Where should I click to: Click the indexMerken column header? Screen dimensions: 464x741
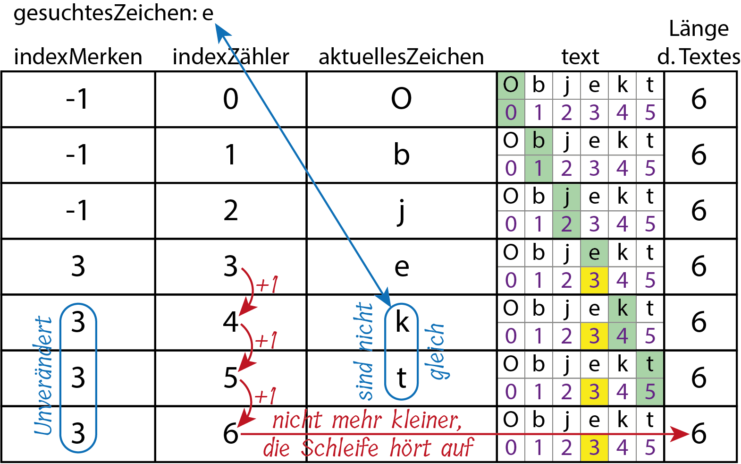[x=78, y=57]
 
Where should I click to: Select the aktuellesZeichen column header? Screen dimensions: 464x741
[x=401, y=57]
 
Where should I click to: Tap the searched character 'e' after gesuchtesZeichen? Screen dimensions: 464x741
[x=208, y=13]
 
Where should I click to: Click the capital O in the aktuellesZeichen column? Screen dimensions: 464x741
[x=401, y=99]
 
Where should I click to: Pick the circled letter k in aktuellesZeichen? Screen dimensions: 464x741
[x=402, y=322]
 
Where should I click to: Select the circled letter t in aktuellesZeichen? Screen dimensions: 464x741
[x=402, y=378]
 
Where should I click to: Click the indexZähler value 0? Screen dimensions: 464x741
[x=230, y=99]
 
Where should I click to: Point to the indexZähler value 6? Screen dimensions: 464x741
[x=230, y=433]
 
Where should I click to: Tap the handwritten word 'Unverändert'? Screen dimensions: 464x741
[x=43, y=376]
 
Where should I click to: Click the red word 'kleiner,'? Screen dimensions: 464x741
[x=427, y=420]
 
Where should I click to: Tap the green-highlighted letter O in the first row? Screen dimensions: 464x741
[x=511, y=86]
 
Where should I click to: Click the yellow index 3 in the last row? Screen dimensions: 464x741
[x=594, y=447]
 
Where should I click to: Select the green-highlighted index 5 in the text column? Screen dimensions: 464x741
[x=650, y=392]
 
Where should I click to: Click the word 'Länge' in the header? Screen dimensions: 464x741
[x=699, y=29]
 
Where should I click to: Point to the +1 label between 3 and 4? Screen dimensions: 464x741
[x=267, y=285]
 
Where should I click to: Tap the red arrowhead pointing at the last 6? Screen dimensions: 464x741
[x=681, y=433]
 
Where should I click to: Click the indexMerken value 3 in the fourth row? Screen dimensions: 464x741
[x=78, y=266]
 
